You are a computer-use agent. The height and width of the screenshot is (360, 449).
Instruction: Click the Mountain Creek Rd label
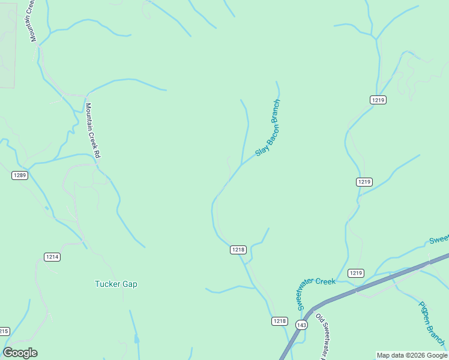tap(92, 131)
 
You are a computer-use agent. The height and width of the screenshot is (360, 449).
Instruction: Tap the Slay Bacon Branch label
tap(268, 128)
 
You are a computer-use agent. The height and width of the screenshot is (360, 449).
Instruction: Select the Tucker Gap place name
tap(116, 284)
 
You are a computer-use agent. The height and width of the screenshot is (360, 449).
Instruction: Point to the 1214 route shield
tap(52, 257)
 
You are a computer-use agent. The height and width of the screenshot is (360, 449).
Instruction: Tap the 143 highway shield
tap(301, 325)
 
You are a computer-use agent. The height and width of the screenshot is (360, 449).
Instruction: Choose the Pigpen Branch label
tap(432, 323)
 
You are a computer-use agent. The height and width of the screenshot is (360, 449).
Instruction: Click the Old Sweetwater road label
tap(322, 336)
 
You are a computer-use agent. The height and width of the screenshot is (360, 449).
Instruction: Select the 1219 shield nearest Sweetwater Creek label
tap(356, 273)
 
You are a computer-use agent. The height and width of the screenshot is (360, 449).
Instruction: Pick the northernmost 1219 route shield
tap(378, 100)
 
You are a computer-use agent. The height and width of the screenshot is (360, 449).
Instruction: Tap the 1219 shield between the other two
tap(364, 182)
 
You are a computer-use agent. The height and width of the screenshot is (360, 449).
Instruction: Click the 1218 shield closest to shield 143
tap(279, 321)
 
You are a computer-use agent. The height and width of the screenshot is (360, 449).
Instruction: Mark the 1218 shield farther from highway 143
tap(238, 250)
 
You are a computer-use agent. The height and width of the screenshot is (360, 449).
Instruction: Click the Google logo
tap(20, 353)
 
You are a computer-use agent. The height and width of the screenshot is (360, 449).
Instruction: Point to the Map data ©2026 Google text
tap(412, 355)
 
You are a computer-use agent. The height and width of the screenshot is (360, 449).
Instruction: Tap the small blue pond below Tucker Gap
tap(137, 340)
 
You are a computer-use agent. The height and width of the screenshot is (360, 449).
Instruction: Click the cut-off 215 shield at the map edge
tap(4, 331)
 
